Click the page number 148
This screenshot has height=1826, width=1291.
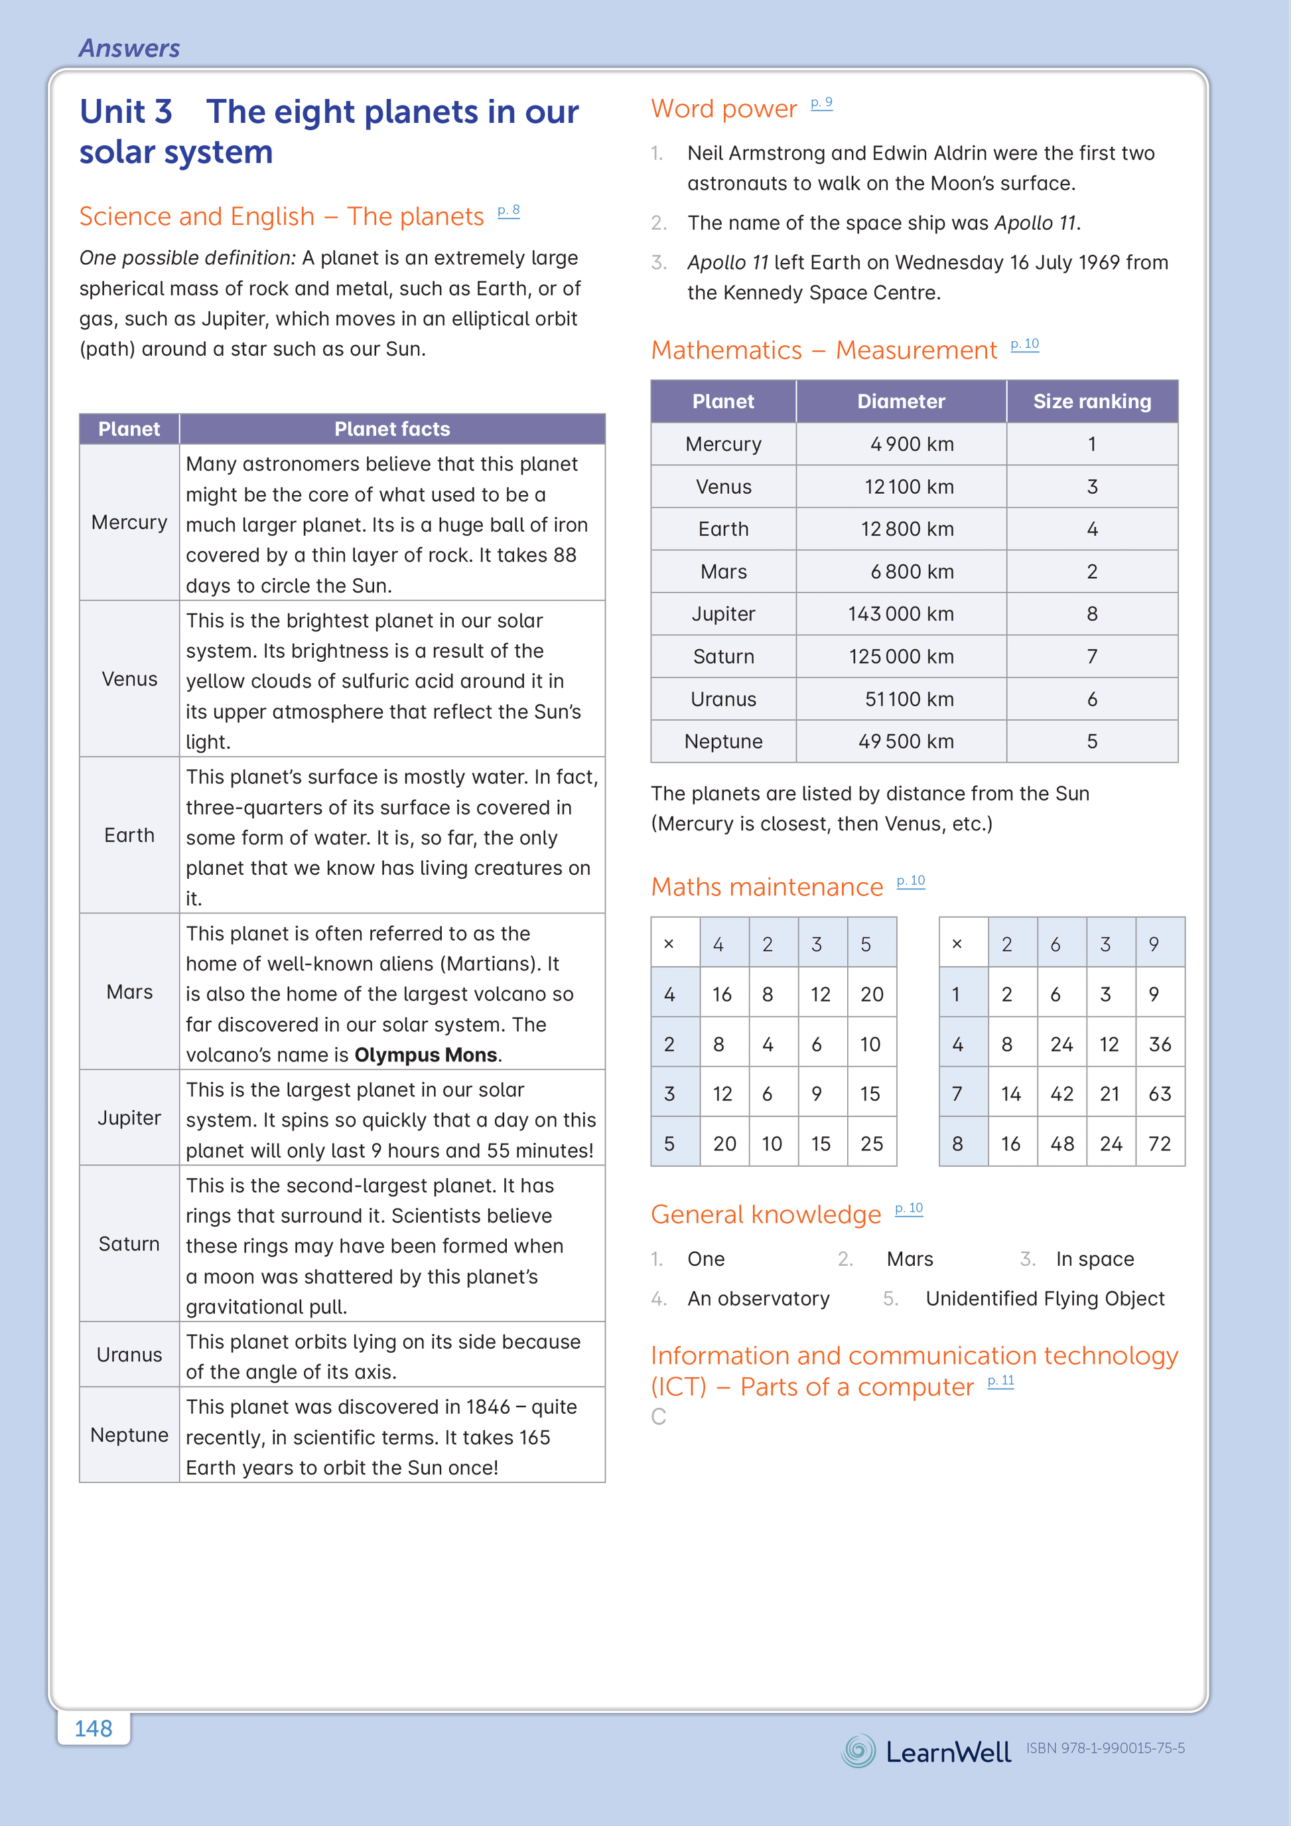93,1728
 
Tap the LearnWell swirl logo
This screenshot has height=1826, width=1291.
858,1750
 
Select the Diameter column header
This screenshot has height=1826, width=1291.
901,402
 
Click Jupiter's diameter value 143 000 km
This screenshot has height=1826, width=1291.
901,614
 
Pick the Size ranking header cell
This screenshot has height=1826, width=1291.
1091,402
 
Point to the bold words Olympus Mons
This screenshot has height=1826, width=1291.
426,1055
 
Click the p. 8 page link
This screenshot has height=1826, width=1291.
509,211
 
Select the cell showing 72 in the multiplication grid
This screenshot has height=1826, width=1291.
1159,1144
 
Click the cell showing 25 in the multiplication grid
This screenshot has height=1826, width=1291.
871,1144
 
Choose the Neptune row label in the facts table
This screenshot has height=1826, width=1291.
129,1435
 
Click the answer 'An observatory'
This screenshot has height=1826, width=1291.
758,1299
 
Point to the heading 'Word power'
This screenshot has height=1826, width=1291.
723,109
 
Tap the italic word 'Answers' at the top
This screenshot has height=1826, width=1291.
129,48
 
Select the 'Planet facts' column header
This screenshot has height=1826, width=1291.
392,429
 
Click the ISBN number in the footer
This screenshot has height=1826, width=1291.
1105,1748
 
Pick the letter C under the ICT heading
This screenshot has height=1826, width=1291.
658,1416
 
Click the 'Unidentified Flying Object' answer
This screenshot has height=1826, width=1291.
1045,1299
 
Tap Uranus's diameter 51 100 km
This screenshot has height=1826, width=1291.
909,699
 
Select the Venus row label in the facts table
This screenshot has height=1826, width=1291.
129,679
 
